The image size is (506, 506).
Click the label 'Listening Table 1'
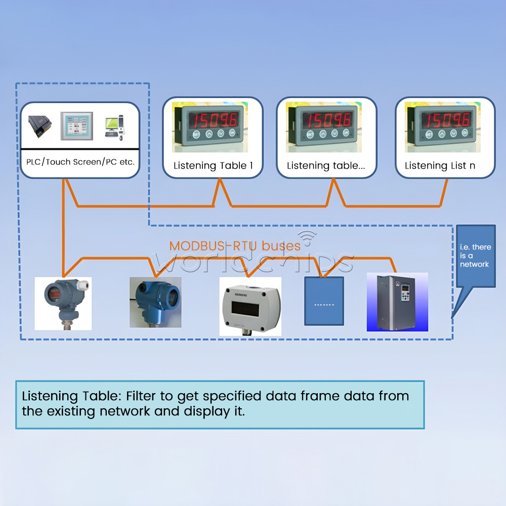213,165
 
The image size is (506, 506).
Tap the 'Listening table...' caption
326,165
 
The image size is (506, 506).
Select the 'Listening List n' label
440,165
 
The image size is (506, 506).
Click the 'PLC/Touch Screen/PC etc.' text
80,162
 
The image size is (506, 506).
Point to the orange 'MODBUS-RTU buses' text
235,246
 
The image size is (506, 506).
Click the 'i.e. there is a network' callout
475,256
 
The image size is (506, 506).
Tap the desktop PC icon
114,126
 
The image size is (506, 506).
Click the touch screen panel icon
76,126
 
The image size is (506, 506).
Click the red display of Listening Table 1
213,120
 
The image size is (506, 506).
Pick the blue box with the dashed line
324,301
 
